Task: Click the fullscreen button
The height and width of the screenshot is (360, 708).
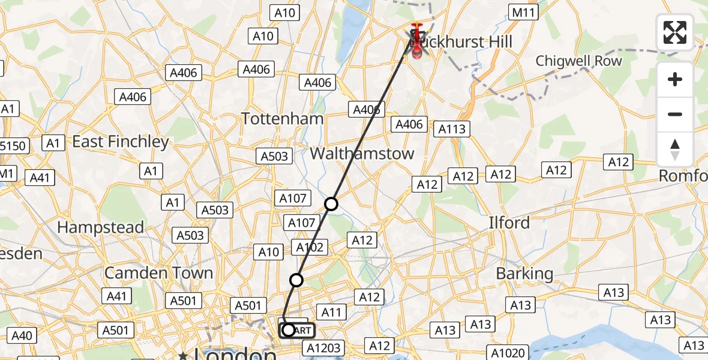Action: (x=675, y=32)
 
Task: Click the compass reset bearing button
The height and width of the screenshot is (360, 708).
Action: (x=675, y=149)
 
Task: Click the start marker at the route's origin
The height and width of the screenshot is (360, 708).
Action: (x=289, y=330)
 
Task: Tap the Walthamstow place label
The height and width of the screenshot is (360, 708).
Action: (x=362, y=153)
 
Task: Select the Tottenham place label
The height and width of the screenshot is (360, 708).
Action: (x=283, y=118)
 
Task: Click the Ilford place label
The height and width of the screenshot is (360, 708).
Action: (x=509, y=223)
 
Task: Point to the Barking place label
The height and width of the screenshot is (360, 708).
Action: (x=524, y=274)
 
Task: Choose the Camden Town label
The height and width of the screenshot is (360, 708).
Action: (x=158, y=272)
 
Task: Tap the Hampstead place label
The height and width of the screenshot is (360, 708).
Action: (x=100, y=227)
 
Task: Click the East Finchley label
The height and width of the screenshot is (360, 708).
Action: (x=121, y=142)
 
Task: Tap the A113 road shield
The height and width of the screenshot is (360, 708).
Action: (x=452, y=129)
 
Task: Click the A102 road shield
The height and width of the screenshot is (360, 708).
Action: (x=310, y=247)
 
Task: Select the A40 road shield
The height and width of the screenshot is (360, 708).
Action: (x=22, y=335)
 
